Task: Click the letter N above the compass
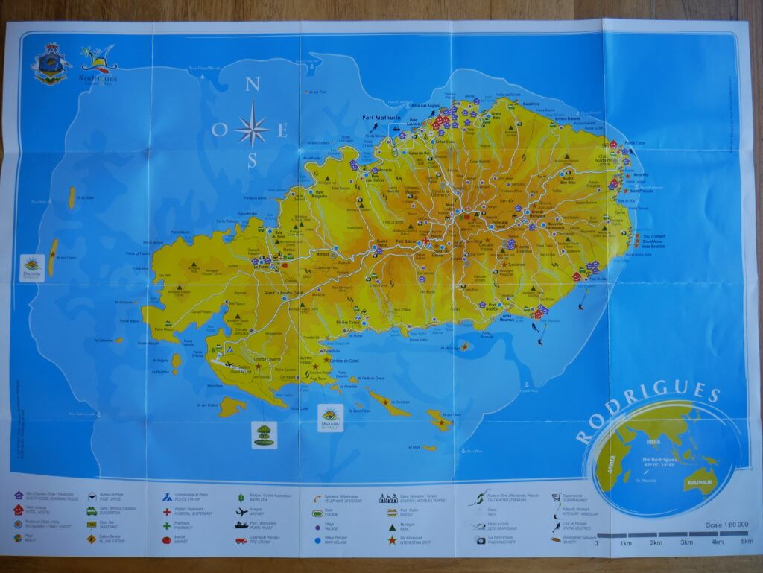(252, 85)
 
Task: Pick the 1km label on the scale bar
(625, 542)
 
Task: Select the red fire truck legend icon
(241, 540)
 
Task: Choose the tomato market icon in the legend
(167, 540)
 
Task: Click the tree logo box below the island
(265, 434)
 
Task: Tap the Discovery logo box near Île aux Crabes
(330, 418)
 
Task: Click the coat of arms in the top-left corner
(50, 65)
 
